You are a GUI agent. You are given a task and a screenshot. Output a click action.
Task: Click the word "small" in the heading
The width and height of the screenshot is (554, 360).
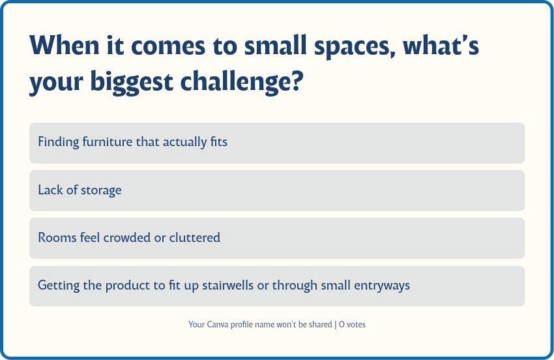[x=275, y=46]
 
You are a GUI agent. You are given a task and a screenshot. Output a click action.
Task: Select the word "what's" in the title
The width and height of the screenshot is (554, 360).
[x=441, y=46]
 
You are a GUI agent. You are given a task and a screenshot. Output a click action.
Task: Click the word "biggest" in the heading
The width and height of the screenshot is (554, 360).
[x=132, y=82]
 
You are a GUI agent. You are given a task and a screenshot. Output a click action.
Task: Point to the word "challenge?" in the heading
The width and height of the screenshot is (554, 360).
[x=242, y=81]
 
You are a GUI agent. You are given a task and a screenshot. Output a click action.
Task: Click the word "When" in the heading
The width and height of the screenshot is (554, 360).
[x=65, y=46]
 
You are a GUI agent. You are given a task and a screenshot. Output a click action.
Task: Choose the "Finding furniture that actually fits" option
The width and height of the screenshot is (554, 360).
[x=277, y=143]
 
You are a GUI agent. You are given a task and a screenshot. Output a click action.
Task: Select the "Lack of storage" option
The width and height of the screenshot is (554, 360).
[x=277, y=190]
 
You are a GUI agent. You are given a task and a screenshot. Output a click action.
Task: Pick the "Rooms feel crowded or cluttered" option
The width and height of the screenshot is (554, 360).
[x=277, y=238]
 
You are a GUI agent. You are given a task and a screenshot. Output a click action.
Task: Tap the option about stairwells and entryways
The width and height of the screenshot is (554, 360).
[x=277, y=286]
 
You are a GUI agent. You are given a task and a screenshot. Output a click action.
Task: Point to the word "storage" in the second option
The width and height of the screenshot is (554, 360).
[x=101, y=190]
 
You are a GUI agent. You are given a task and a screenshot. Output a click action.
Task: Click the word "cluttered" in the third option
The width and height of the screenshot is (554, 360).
[x=195, y=237]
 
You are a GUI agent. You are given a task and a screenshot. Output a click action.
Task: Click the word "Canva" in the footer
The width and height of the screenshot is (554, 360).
[x=217, y=324]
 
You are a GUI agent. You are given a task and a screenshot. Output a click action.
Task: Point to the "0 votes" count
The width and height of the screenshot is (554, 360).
[x=352, y=324]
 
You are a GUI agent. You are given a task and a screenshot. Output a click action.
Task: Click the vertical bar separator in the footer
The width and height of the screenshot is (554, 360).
[x=335, y=325]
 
